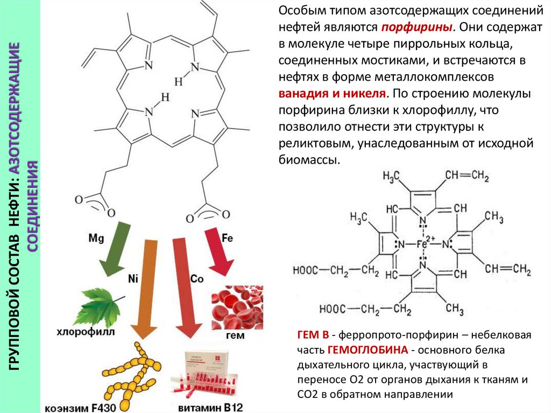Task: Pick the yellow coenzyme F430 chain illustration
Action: tap(129, 372)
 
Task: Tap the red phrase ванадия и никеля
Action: tap(332, 93)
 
